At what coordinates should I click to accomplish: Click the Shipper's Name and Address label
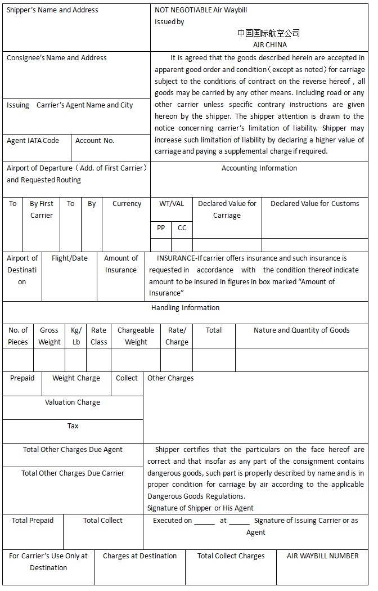tap(52, 10)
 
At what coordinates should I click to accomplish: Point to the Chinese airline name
tap(268, 33)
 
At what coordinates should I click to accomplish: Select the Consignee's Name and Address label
tap(57, 58)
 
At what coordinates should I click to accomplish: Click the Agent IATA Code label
tap(33, 141)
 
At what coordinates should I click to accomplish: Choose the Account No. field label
tap(94, 141)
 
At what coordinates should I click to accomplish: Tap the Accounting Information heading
tap(259, 168)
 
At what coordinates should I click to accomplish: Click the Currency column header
tap(127, 204)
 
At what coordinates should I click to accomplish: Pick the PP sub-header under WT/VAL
tap(161, 228)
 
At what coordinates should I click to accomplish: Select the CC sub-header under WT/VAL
tap(182, 228)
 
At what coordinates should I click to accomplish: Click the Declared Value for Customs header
tap(314, 204)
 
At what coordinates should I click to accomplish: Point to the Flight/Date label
tap(69, 258)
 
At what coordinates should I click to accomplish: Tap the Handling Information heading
tap(185, 308)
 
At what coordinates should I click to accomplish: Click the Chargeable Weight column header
tap(136, 336)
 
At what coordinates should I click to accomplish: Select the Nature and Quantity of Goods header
tap(301, 330)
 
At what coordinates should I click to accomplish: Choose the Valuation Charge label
tap(73, 402)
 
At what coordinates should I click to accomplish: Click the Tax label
tap(73, 426)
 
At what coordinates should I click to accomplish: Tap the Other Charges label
tap(170, 378)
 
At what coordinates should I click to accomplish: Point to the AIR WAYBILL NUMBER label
tap(322, 556)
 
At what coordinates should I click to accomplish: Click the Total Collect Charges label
tap(231, 556)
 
